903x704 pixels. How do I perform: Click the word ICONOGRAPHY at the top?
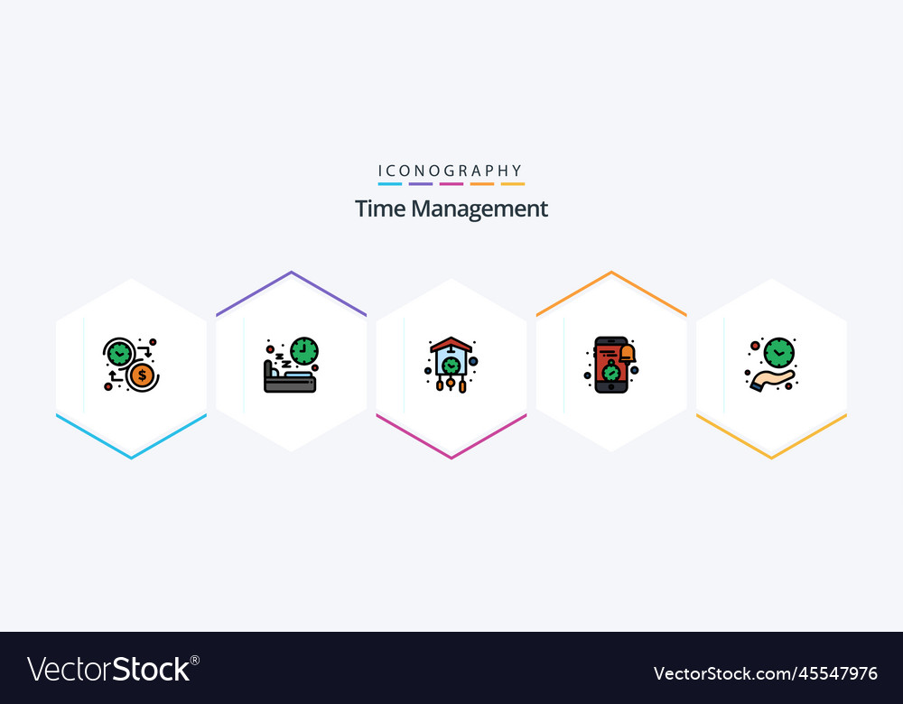click(451, 171)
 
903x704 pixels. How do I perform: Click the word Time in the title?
click(380, 209)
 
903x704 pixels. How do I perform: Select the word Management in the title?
click(479, 209)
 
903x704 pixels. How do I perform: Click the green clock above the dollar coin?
click(119, 353)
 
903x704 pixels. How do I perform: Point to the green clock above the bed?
click(304, 351)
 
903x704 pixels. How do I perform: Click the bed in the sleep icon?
click(290, 381)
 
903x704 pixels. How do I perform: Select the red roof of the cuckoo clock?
click(451, 344)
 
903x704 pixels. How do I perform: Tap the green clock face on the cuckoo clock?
click(451, 365)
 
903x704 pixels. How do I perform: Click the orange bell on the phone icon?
click(627, 353)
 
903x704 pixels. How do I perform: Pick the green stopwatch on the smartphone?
click(611, 372)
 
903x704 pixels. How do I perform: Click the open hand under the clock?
click(771, 379)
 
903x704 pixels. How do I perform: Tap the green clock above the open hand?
click(777, 351)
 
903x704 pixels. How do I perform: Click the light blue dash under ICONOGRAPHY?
click(389, 184)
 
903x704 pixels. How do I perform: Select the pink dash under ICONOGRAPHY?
click(451, 184)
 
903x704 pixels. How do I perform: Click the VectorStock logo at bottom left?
click(113, 669)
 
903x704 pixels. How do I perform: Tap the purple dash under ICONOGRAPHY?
click(420, 184)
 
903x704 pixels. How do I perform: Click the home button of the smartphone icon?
click(611, 388)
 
